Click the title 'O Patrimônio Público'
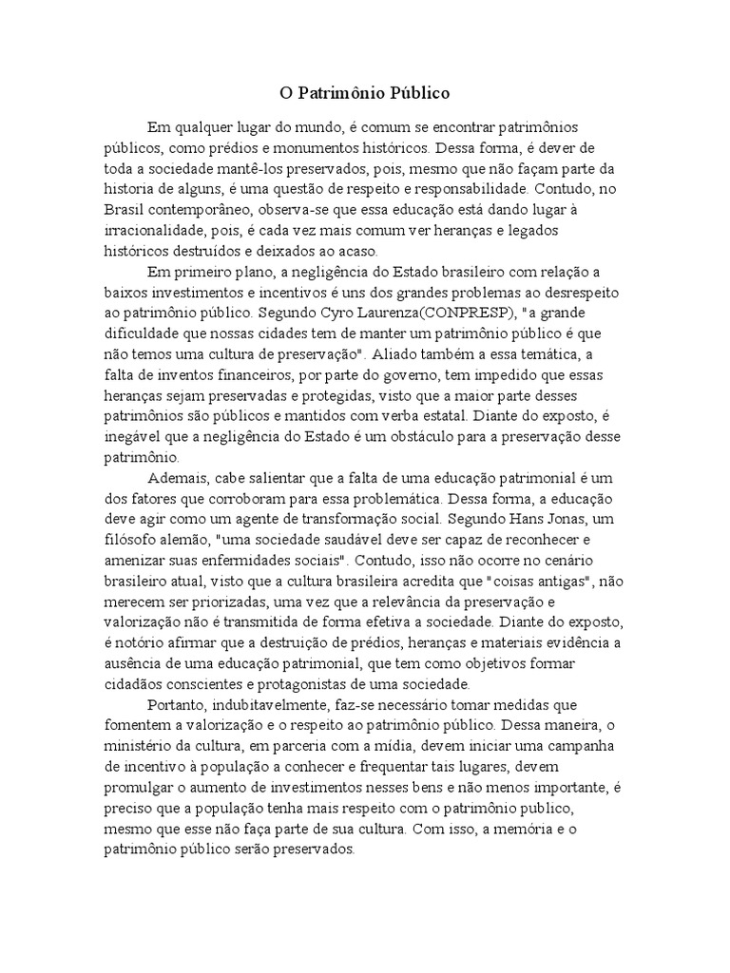364,94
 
